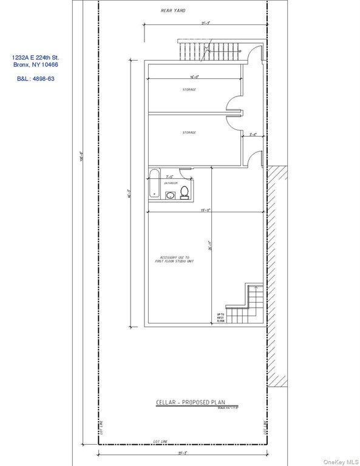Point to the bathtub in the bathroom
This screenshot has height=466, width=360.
(154, 185)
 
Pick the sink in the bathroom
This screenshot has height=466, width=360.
(170, 195)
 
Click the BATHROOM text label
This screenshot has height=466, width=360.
(171, 183)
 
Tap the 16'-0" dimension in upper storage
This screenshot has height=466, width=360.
(195, 78)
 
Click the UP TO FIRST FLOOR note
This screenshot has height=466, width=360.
(221, 317)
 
